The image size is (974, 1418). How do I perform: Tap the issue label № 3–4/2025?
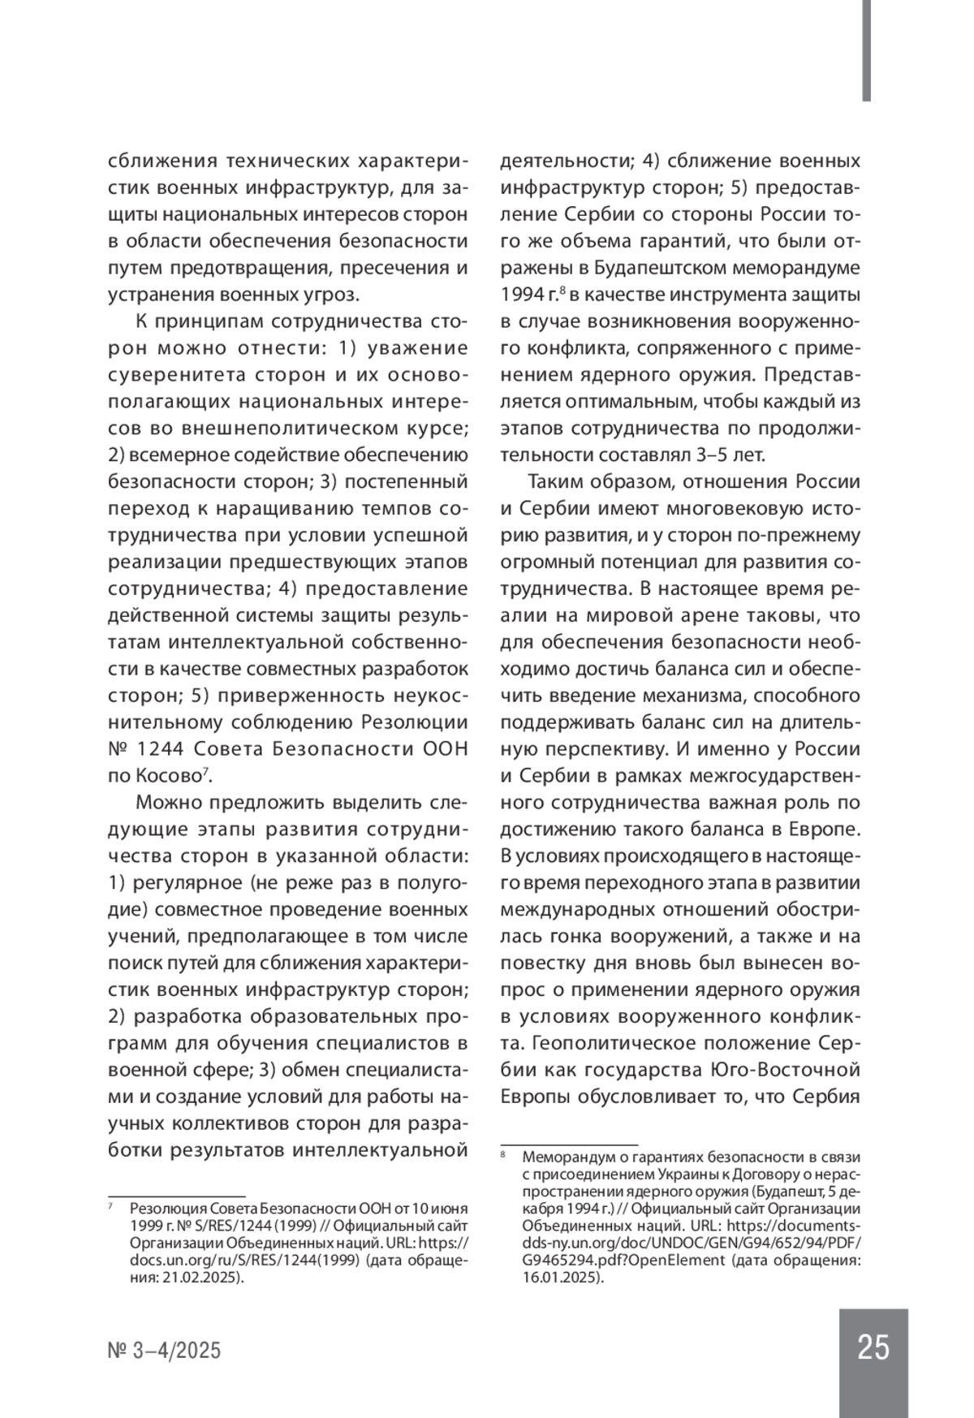click(x=164, y=1351)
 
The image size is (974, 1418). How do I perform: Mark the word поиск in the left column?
click(x=134, y=963)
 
